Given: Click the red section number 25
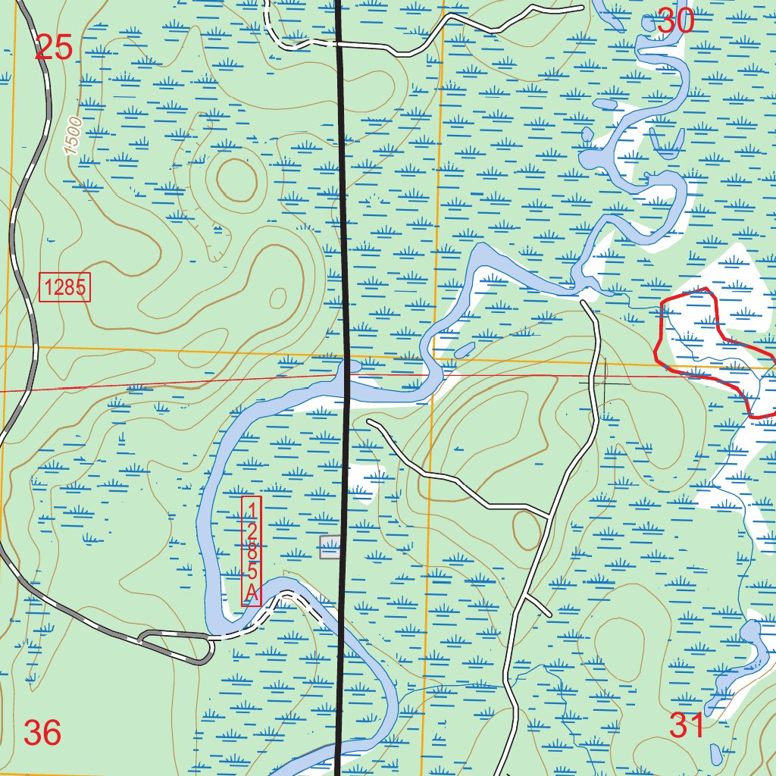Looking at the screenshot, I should click(54, 48).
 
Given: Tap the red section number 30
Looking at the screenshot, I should click(675, 21).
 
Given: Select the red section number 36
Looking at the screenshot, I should click(42, 733).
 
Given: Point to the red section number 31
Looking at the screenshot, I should click(687, 726).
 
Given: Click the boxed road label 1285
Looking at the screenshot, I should click(65, 287).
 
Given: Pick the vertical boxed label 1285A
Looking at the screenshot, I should click(252, 551).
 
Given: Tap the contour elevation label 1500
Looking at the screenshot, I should click(74, 137).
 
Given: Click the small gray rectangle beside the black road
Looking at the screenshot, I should click(330, 546).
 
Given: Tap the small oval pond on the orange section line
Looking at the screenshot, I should click(465, 350).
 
